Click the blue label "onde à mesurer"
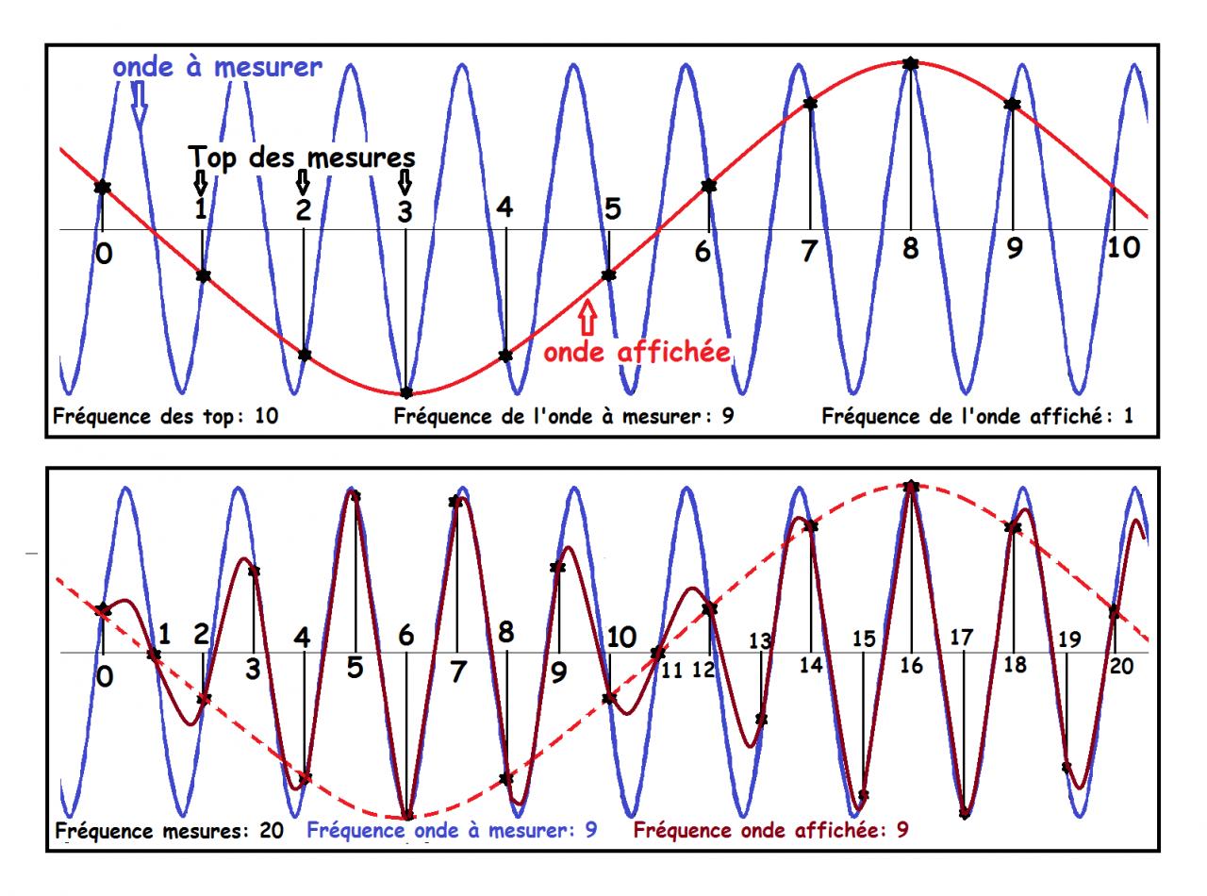pyautogui.click(x=217, y=67)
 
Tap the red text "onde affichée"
pyautogui.click(x=637, y=352)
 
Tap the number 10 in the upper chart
pyautogui.click(x=1121, y=249)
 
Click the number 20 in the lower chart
pyautogui.click(x=1121, y=665)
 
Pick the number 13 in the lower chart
pyautogui.click(x=760, y=641)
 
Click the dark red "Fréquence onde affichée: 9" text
pyautogui.click(x=771, y=831)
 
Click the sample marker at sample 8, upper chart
pyautogui.click(x=910, y=63)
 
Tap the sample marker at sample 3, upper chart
pyautogui.click(x=406, y=392)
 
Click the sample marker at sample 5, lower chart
pyautogui.click(x=355, y=494)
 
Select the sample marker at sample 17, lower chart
pyautogui.click(x=964, y=813)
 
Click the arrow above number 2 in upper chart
pyautogui.click(x=303, y=179)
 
